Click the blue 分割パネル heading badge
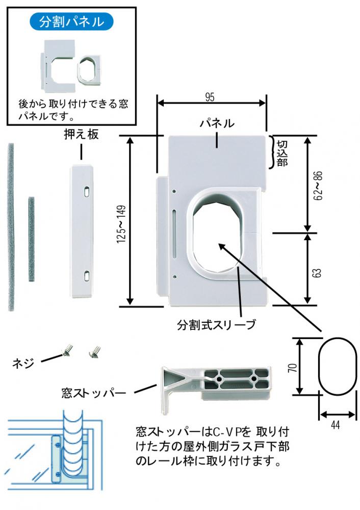[x=71, y=21]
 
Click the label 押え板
[x=81, y=135]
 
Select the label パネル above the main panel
[x=217, y=123]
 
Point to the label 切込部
[x=281, y=152]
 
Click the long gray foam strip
[x=11, y=227]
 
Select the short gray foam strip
[x=32, y=240]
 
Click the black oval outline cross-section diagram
[x=337, y=365]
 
